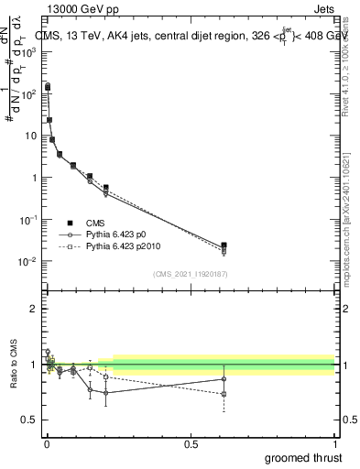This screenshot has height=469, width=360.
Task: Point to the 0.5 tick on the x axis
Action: tap(191, 442)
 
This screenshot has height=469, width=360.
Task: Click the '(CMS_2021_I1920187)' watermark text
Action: tap(190, 274)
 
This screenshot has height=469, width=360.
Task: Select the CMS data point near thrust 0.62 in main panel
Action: tap(224, 245)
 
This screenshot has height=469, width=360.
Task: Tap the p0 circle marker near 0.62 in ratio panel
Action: tap(224, 378)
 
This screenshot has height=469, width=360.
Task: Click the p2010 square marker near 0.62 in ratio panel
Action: tap(224, 394)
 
